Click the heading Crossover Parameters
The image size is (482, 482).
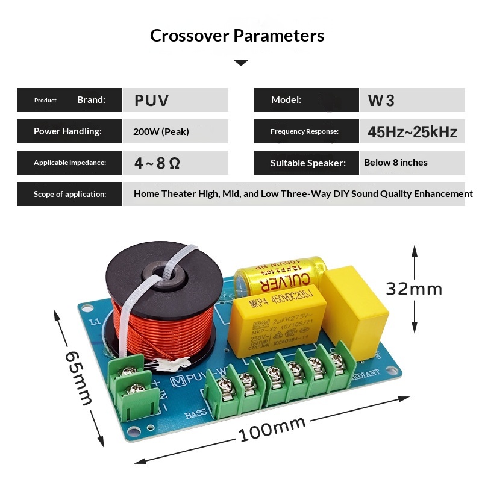coord(237,36)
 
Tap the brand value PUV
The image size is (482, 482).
coord(151,100)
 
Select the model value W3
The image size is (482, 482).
coord(381,100)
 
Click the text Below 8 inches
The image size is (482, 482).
coord(395,163)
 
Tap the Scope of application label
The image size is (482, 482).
coord(70,194)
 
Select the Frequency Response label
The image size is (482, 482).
coord(304,131)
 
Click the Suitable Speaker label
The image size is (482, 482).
coord(308,163)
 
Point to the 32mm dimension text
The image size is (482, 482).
coord(414,289)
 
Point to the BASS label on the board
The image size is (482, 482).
coord(196,415)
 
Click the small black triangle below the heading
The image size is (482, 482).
coord(240,63)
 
